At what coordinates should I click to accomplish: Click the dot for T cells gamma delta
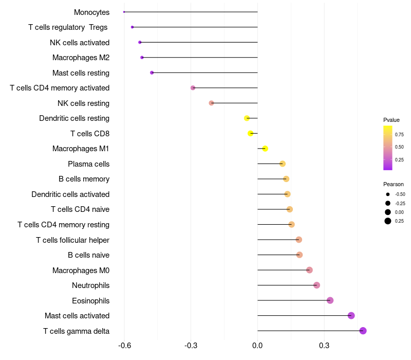click(x=363, y=331)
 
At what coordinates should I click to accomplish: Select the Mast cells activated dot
click(x=351, y=316)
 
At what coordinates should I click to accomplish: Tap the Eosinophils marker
click(x=330, y=300)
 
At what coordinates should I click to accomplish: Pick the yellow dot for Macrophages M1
click(x=265, y=149)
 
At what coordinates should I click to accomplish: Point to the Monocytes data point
click(x=124, y=12)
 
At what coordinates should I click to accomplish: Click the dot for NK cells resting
click(x=211, y=103)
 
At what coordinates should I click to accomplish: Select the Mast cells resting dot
click(x=152, y=73)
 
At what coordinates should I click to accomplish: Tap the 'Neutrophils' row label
click(x=90, y=285)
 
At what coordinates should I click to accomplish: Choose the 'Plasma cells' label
click(x=88, y=164)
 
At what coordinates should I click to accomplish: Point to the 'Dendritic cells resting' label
click(x=74, y=118)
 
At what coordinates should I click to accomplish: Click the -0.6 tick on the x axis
click(x=124, y=346)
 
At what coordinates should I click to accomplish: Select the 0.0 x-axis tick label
click(x=257, y=346)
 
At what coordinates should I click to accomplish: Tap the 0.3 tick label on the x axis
click(x=324, y=346)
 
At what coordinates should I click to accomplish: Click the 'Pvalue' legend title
click(x=391, y=120)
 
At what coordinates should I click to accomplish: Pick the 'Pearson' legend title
click(x=393, y=184)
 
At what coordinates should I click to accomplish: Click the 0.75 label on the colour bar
click(x=399, y=134)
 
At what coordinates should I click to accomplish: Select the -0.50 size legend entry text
click(x=400, y=194)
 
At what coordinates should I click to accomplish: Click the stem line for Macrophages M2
click(x=200, y=58)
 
